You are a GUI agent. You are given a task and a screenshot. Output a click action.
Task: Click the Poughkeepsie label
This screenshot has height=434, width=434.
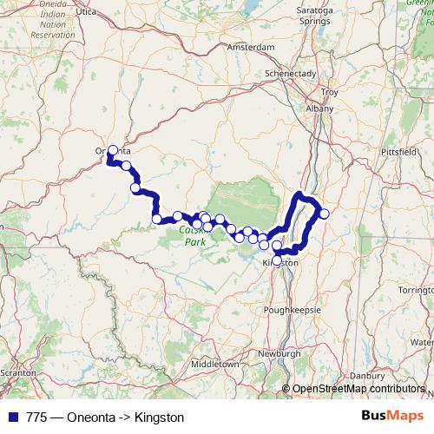coord(293,309)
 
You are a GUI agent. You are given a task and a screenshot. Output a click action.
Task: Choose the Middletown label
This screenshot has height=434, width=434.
coord(216,365)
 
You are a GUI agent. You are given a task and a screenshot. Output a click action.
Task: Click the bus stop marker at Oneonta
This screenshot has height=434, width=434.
coord(112,150)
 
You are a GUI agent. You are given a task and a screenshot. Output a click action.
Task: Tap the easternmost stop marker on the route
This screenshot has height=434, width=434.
coord(325,214)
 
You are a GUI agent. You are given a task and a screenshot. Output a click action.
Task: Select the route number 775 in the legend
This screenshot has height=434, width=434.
coord(37,418)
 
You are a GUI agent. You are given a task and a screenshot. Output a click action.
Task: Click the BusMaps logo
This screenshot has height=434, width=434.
coord(389,417)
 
